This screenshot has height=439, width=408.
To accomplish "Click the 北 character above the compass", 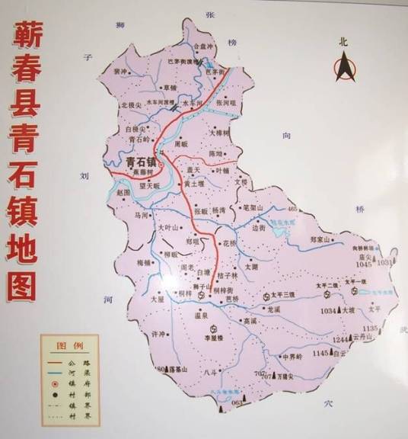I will (x=343, y=43).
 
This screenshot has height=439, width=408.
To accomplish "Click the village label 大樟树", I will (x=219, y=133).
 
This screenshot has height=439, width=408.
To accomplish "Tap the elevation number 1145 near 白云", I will (x=320, y=354).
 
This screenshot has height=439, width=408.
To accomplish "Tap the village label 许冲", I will (x=158, y=335).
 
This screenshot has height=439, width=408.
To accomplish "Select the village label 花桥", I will (x=229, y=243).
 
